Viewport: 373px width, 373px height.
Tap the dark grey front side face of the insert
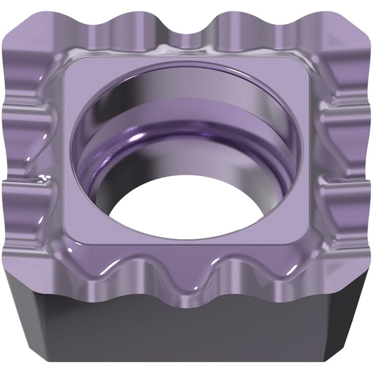coord(186,336)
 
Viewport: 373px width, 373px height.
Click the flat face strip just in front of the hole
coord(186,242)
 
